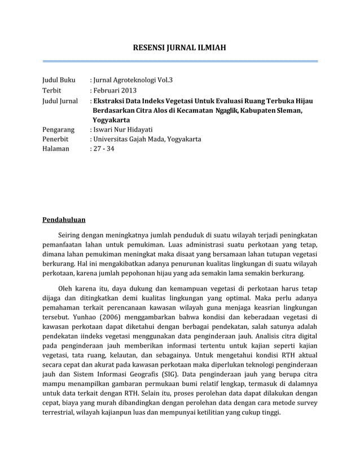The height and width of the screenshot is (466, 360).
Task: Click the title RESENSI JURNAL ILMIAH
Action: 179,49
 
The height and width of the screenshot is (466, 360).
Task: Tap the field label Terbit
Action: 52,90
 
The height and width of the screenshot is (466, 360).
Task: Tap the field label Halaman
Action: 56,150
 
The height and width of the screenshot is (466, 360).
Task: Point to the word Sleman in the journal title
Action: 290,111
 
